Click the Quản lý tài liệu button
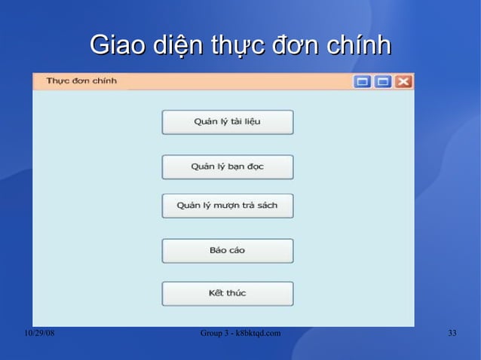tap(227, 122)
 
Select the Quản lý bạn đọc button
tap(227, 166)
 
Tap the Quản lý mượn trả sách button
tap(227, 206)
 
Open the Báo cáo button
tap(227, 250)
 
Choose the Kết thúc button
tap(227, 293)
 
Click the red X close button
tap(404, 81)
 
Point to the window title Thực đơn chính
tap(81, 81)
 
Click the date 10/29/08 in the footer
tap(39, 333)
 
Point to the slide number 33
tap(452, 333)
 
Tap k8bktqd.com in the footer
tap(259, 333)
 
